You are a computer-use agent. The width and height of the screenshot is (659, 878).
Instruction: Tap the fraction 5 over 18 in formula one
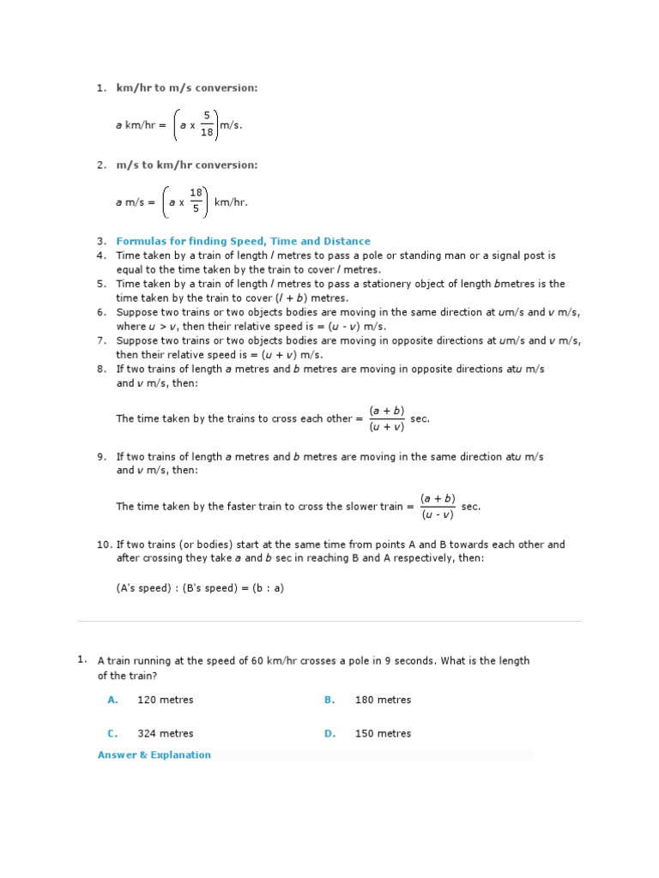point(206,125)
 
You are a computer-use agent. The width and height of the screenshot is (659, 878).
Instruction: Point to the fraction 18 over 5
point(196,202)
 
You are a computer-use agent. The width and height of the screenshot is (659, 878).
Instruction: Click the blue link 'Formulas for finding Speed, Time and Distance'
point(243,242)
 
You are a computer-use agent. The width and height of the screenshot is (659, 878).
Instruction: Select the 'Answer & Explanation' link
point(154,755)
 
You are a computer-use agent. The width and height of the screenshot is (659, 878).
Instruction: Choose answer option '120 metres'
point(166,700)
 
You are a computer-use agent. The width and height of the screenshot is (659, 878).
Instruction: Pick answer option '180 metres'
point(383,700)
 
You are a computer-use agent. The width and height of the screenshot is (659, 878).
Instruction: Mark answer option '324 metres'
point(166,733)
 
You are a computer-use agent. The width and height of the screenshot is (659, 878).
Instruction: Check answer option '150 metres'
point(383,733)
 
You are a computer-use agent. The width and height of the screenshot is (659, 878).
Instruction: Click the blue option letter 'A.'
point(112,700)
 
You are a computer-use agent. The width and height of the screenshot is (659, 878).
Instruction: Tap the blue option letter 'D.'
point(329,733)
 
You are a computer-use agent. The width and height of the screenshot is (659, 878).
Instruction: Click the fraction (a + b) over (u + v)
point(386,418)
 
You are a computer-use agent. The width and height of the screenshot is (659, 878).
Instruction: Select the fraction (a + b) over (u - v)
point(438,506)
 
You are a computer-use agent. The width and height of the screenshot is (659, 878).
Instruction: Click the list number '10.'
point(104,544)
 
